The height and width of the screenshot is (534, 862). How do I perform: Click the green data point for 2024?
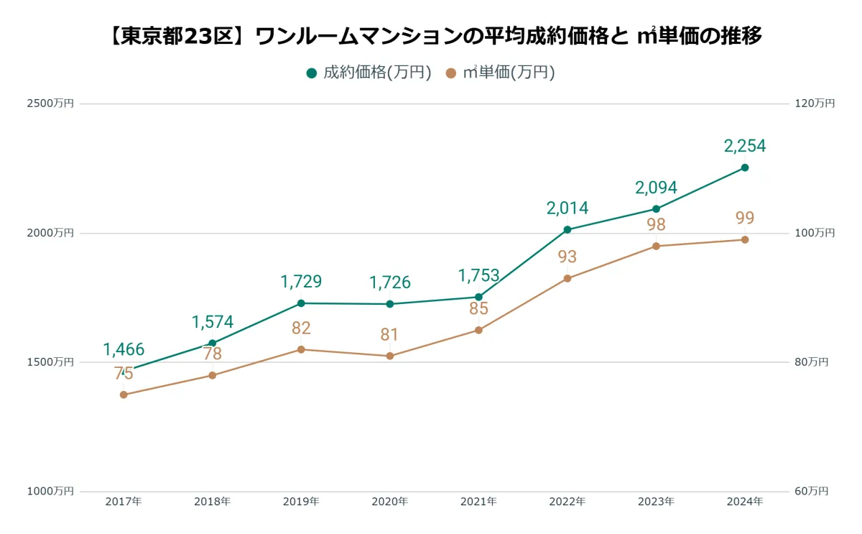(x=745, y=167)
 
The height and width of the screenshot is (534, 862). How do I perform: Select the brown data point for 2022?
(x=567, y=278)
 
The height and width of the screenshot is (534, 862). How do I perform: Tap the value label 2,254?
(x=745, y=146)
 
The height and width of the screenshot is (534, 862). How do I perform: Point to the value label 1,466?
(x=124, y=349)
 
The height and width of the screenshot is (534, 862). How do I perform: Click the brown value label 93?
(x=567, y=257)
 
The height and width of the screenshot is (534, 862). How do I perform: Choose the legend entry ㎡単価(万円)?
(x=500, y=73)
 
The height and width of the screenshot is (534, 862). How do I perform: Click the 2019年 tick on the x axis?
(x=301, y=502)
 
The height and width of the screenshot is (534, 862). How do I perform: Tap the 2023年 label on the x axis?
(x=656, y=502)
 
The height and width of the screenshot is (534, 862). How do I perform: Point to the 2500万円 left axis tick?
(x=50, y=103)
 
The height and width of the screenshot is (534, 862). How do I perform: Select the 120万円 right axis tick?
(x=815, y=103)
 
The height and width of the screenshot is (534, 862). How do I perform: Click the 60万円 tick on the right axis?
(x=812, y=492)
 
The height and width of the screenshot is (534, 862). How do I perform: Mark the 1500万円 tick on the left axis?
(x=50, y=362)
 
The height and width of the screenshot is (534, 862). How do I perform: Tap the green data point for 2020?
(x=390, y=304)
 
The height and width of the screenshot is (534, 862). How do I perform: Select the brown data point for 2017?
(x=124, y=395)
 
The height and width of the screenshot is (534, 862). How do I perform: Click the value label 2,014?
(x=567, y=208)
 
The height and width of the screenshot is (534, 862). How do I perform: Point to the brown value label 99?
(x=745, y=218)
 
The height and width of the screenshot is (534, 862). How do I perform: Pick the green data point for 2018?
(x=213, y=343)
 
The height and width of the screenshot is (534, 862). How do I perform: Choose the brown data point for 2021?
(x=478, y=330)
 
